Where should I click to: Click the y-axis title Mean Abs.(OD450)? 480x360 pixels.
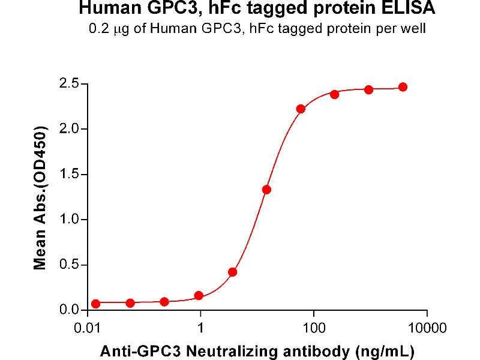click(41, 198)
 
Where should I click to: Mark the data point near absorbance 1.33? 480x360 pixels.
click(267, 190)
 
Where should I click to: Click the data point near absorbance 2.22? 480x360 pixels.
click(301, 109)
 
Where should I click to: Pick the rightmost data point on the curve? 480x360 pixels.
click(403, 87)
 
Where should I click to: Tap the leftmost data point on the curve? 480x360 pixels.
click(96, 304)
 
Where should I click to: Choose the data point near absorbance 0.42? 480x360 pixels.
click(233, 272)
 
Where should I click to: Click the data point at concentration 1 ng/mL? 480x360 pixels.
click(199, 296)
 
